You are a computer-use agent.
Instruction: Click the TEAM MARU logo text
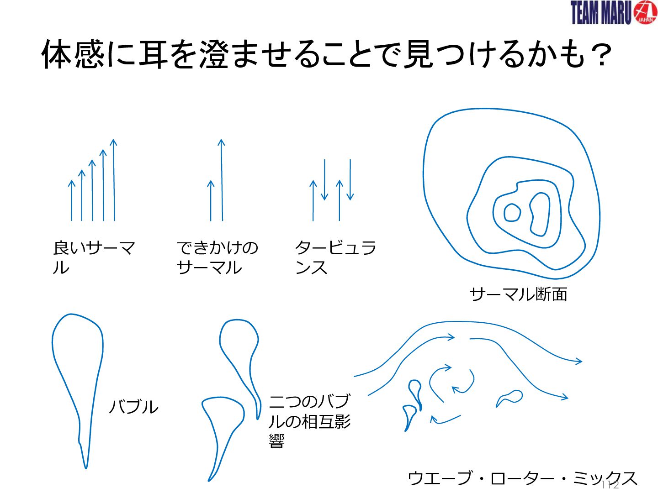click(601, 13)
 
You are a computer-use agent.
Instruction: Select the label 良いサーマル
click(94, 257)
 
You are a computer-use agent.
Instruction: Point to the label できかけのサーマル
click(217, 257)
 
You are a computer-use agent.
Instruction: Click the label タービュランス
click(335, 257)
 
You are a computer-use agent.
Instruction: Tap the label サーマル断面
click(518, 294)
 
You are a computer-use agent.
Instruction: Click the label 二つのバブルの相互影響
click(310, 421)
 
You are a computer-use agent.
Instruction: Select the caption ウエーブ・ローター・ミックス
click(522, 478)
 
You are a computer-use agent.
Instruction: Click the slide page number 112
click(610, 485)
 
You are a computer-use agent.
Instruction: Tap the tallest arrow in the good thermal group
click(114, 180)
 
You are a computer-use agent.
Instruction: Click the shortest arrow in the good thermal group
click(71, 200)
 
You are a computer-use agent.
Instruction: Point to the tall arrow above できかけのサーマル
click(222, 180)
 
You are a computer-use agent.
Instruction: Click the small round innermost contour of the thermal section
click(512, 213)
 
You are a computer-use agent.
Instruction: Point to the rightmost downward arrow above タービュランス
click(350, 179)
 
